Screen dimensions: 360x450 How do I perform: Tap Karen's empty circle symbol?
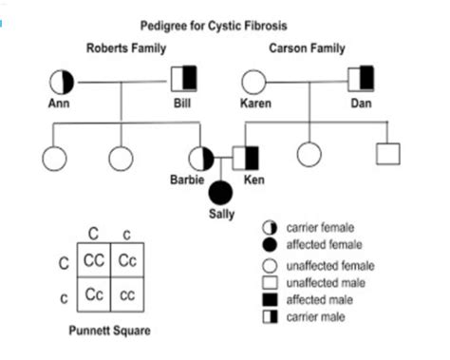[x=253, y=82]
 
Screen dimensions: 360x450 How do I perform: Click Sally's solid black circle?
[x=221, y=193]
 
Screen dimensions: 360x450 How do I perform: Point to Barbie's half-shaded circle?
[x=201, y=158]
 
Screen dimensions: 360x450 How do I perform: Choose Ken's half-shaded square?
[x=246, y=158]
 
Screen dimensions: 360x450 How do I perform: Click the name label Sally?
[x=221, y=213]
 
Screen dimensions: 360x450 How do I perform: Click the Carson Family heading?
[x=306, y=47]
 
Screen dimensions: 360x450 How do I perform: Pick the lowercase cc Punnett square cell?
[x=126, y=294]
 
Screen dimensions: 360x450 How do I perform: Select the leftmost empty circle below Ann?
[x=51, y=158]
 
